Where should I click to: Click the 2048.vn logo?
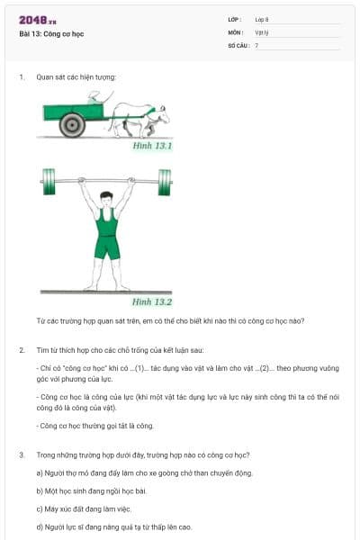(x=37, y=20)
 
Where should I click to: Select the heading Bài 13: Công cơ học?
(x=53, y=34)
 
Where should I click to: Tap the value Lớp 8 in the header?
(x=262, y=19)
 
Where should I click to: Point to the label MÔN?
(x=235, y=31)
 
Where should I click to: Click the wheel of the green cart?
(x=72, y=124)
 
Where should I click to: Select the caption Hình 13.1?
(x=152, y=145)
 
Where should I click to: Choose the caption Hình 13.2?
(x=152, y=302)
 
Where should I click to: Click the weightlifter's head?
(x=107, y=198)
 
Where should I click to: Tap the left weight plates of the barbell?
(x=48, y=181)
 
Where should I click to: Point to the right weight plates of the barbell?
(x=165, y=181)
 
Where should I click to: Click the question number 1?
(x=21, y=77)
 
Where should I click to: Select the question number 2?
(x=21, y=348)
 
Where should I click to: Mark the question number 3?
(x=21, y=455)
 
